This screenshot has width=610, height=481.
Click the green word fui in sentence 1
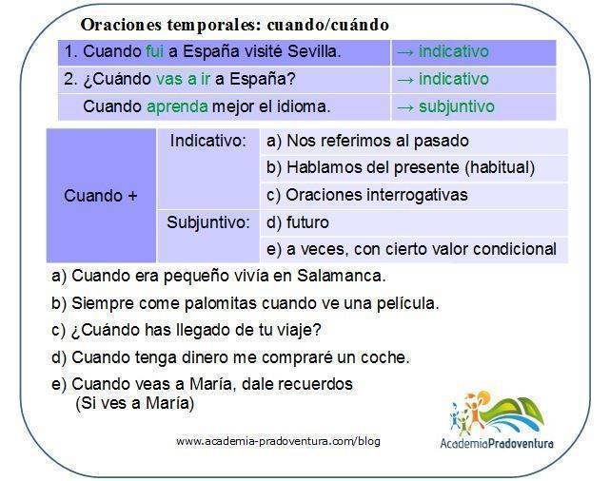tap(154, 51)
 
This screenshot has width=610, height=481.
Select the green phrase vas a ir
tap(183, 79)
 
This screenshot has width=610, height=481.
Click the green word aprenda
tap(177, 106)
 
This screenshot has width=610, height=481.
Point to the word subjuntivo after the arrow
tap(457, 106)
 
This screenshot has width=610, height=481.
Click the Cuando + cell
tap(101, 196)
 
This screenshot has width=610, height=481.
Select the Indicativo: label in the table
tap(208, 141)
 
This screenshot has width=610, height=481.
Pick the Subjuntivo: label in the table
tap(208, 222)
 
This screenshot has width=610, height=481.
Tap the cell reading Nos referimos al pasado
tap(414, 142)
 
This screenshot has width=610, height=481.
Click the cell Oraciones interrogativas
tap(414, 195)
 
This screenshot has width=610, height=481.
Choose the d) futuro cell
tap(414, 222)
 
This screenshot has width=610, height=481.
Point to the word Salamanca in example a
tap(342, 276)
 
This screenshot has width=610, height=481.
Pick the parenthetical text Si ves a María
tap(134, 403)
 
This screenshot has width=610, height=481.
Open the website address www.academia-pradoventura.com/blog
tap(278, 441)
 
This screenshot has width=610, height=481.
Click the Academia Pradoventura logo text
tap(497, 443)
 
